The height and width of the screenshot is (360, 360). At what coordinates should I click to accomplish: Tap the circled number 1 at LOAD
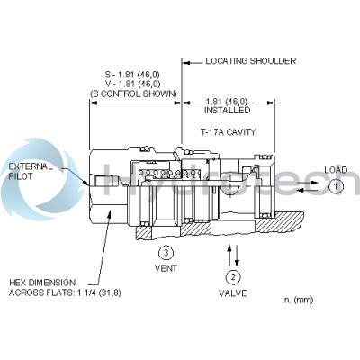click(333, 186)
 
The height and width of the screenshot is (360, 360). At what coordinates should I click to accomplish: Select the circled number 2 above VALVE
click(231, 276)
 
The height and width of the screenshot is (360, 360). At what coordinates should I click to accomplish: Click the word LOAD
click(336, 169)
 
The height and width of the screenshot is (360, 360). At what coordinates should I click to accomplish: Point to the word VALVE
click(231, 293)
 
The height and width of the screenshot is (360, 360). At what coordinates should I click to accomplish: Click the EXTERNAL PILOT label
click(31, 172)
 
